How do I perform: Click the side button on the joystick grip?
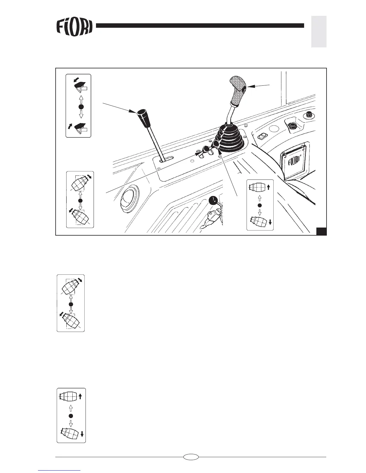point(244,89)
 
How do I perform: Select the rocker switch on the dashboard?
point(263,136)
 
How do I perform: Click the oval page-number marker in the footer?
point(191,457)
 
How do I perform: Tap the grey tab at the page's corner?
point(319,32)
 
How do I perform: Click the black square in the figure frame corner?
point(321,231)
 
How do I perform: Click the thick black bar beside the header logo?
point(200,26)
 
